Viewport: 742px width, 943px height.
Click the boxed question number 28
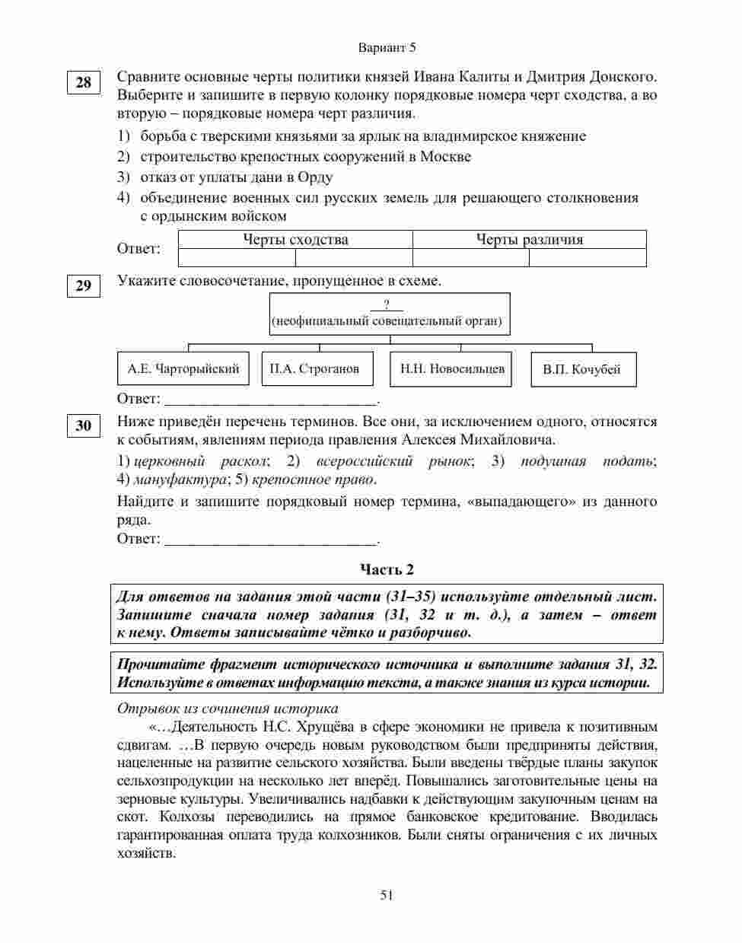click(x=83, y=83)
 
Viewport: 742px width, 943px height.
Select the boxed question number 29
click(x=83, y=286)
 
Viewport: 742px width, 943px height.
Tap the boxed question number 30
click(x=83, y=425)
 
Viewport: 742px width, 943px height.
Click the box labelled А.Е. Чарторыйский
click(x=183, y=369)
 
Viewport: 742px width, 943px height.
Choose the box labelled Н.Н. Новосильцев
click(x=452, y=369)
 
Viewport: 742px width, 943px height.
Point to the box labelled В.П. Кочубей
click(x=582, y=370)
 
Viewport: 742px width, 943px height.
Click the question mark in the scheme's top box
click(x=387, y=305)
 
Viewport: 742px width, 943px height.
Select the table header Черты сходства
click(x=295, y=240)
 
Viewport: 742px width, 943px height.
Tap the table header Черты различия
click(x=529, y=240)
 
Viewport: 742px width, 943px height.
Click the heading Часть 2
click(x=387, y=569)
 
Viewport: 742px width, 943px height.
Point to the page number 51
click(x=387, y=896)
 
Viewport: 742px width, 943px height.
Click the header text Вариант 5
click(x=387, y=47)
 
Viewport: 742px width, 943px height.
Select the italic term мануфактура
click(x=180, y=479)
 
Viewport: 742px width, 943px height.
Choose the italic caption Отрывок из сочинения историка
click(x=228, y=709)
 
